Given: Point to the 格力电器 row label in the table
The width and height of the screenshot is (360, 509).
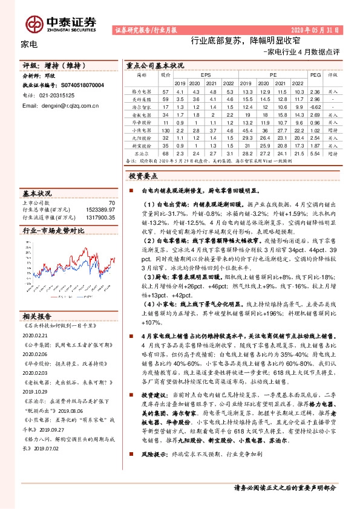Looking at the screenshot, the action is pyautogui.click(x=142, y=91).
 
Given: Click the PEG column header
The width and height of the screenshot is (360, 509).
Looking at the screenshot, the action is pyautogui.click(x=314, y=75).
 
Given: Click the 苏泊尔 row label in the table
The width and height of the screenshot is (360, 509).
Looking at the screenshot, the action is pyautogui.click(x=142, y=154).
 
